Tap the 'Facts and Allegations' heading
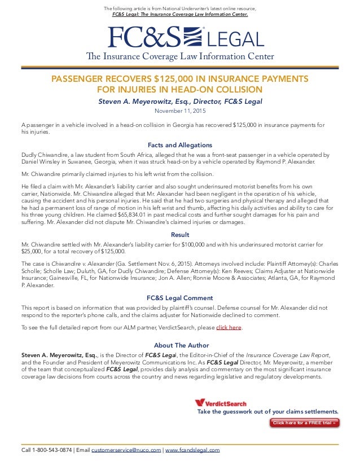pos(180,144)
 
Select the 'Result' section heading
pos(180,235)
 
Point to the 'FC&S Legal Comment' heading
pos(180,298)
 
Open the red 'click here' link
pos(229,328)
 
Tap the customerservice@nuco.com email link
pos(126,450)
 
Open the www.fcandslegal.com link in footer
pos(192,450)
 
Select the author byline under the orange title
pos(180,102)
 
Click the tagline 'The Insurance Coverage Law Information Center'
pos(180,56)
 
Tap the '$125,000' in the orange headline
pos(183,79)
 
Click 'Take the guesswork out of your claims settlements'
pos(267,412)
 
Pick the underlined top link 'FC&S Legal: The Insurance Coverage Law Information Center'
pos(179,14)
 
